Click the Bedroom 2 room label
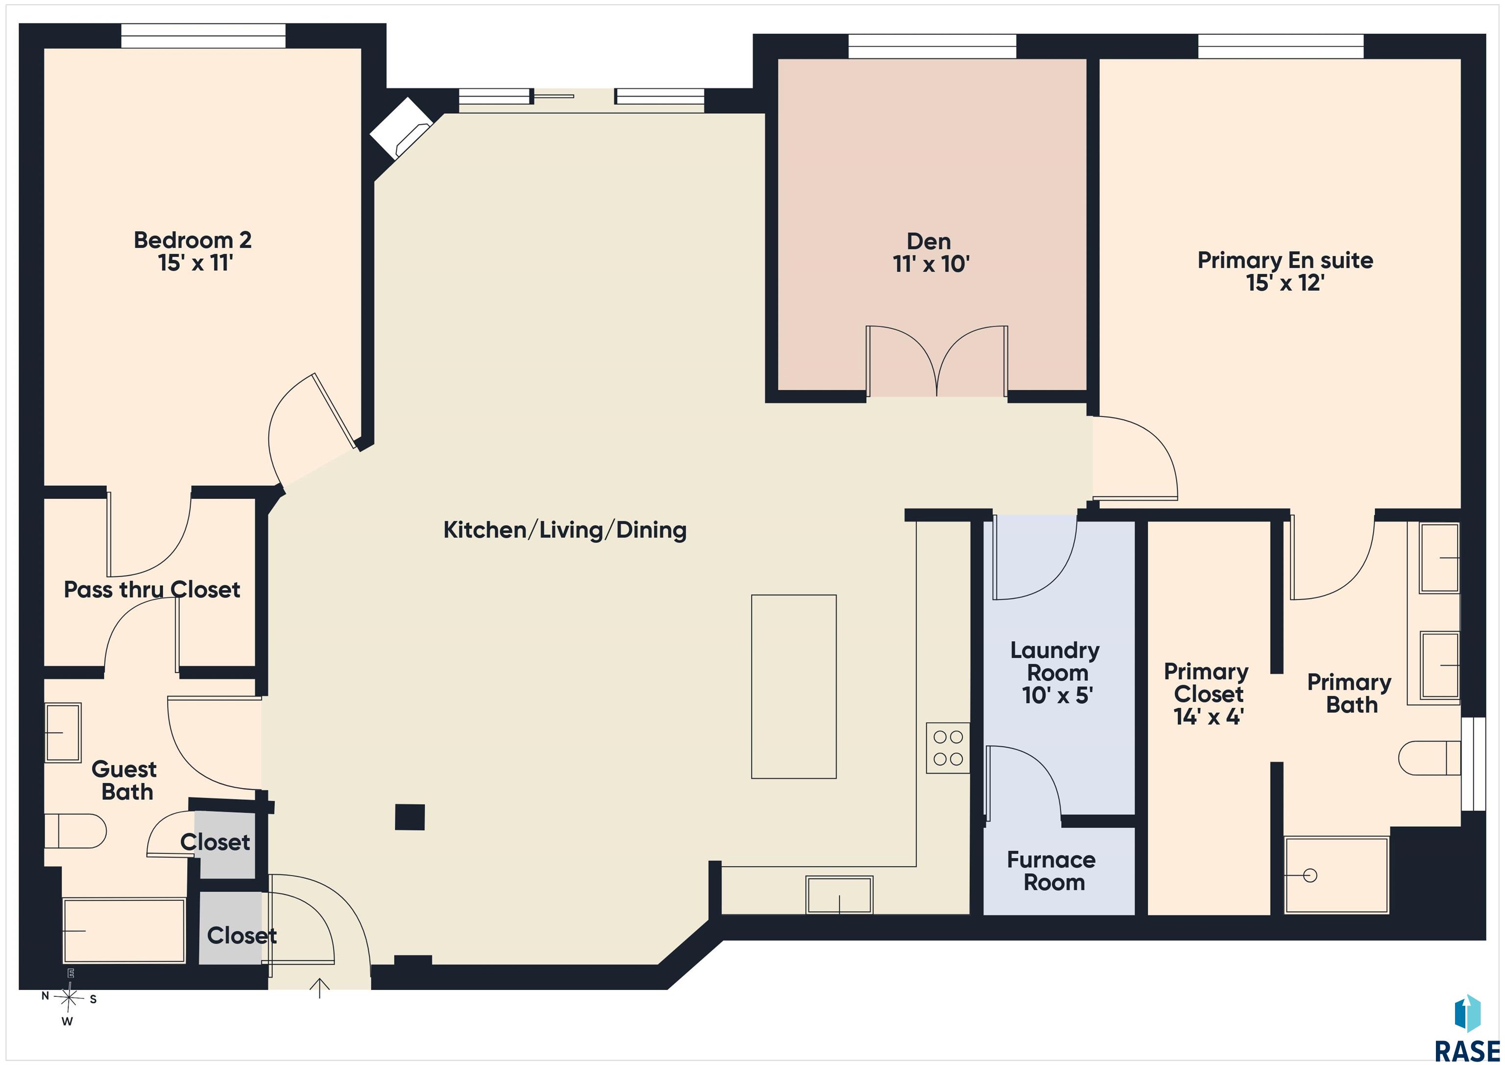pos(193,240)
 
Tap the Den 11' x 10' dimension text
pos(931,264)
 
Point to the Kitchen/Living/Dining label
pos(565,530)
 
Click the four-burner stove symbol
pos(948,747)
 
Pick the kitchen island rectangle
pos(794,687)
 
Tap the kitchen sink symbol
pos(839,894)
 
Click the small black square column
pos(410,817)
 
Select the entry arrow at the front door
pos(319,988)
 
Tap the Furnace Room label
pos(1052,871)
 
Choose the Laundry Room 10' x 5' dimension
pos(1057,695)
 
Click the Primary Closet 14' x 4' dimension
pos(1208,717)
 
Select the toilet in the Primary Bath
pos(1429,758)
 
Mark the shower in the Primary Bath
pos(1336,875)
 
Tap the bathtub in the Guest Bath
pos(124,931)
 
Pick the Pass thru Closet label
pos(152,590)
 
